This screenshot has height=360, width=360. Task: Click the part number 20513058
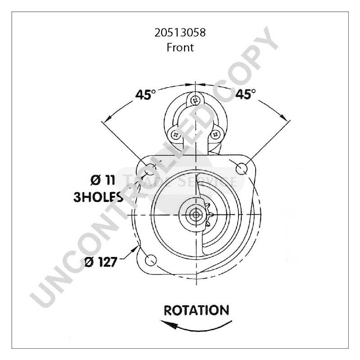pos(180,33)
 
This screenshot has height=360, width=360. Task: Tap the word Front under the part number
pos(180,47)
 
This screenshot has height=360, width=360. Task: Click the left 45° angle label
pos(145,95)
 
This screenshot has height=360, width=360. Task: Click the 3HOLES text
pos(98,197)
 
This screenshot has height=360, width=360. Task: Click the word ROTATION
pos(196,310)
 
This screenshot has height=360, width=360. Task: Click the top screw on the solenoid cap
pos(194,100)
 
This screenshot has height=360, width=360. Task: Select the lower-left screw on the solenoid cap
pos(172,133)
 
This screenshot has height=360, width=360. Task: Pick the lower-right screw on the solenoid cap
pos(216,134)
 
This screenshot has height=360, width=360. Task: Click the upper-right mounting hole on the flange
pos(242,169)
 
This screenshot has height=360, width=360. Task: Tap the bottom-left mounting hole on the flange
pos(152,260)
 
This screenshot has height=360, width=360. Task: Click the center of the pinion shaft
pos(195,215)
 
